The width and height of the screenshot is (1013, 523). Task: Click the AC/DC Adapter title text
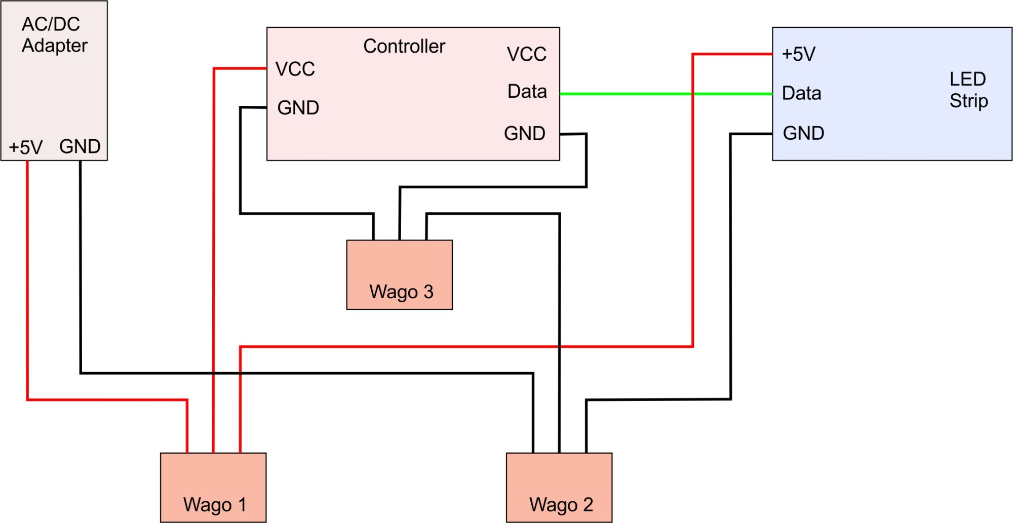click(54, 34)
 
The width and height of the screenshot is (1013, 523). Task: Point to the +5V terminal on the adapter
click(26, 147)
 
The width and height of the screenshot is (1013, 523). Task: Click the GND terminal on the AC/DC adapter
click(80, 146)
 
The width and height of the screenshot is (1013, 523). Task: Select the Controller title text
click(404, 46)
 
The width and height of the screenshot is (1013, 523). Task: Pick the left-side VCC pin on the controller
click(295, 69)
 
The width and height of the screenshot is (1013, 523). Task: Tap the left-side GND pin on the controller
click(298, 107)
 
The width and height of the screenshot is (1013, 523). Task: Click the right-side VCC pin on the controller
click(526, 54)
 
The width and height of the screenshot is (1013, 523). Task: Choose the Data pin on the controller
click(527, 92)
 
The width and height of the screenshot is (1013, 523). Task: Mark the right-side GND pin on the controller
click(524, 134)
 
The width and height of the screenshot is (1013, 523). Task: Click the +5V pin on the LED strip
click(798, 54)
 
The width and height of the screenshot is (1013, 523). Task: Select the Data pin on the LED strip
click(801, 93)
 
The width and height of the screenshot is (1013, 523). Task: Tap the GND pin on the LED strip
click(803, 133)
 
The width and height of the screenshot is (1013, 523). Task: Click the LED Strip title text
click(968, 90)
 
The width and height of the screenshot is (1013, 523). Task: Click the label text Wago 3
click(401, 292)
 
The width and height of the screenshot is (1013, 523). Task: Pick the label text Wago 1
click(215, 505)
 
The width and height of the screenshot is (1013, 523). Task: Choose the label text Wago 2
click(561, 505)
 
